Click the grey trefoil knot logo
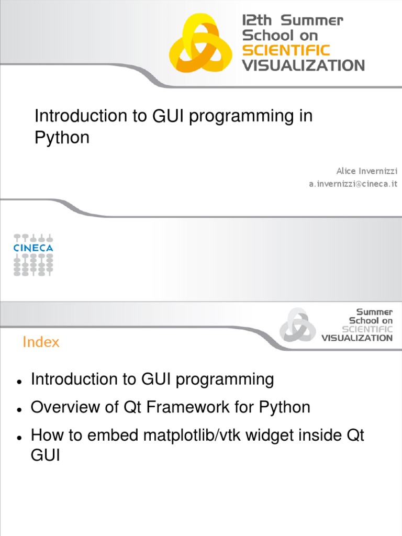pyautogui.click(x=297, y=325)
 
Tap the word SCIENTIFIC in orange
pyautogui.click(x=286, y=51)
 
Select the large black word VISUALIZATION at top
pyautogui.click(x=303, y=65)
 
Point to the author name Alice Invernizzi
pyautogui.click(x=366, y=171)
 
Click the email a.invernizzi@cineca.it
pyautogui.click(x=353, y=184)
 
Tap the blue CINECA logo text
pyautogui.click(x=33, y=247)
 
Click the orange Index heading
pyautogui.click(x=41, y=342)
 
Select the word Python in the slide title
pyautogui.click(x=62, y=138)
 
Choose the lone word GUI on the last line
pyautogui.click(x=46, y=455)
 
